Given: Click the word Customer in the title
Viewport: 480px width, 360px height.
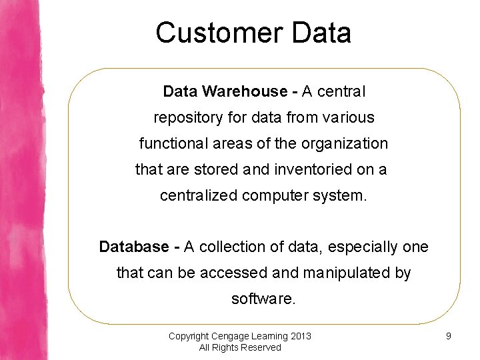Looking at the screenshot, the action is (x=219, y=33).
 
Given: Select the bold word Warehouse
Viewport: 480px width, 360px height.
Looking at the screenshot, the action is (x=245, y=91).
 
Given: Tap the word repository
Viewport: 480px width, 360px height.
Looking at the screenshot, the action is (x=188, y=118).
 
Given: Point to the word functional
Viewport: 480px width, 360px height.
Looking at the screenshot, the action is (x=173, y=143).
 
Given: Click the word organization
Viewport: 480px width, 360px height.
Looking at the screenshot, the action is (x=345, y=144).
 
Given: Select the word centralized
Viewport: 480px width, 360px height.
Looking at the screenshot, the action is (x=199, y=195).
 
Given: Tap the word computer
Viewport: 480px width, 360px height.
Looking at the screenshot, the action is (x=275, y=196).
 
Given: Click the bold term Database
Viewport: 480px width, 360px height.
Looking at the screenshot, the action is (x=134, y=247).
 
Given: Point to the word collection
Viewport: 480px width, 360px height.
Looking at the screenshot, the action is (x=233, y=247).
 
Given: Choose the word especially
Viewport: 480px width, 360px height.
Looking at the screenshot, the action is (x=363, y=247).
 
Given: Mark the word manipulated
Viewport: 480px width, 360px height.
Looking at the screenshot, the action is (x=347, y=273).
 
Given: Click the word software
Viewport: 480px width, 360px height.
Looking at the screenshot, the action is (x=263, y=299).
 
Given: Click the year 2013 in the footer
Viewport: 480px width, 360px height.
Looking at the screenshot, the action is (x=301, y=336).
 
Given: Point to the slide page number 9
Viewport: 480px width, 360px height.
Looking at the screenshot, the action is (x=449, y=336).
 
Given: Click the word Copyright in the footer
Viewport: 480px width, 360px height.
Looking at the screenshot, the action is (x=189, y=337).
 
